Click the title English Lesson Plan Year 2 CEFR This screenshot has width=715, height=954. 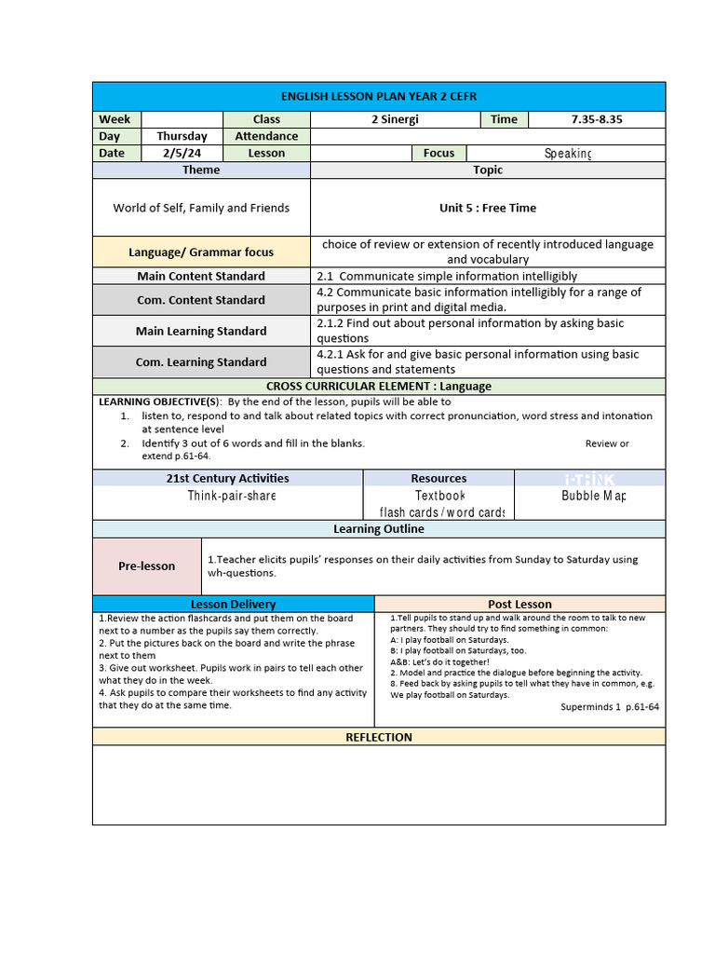(378, 97)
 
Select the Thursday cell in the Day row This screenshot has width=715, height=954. (182, 136)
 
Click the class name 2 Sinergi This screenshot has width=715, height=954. (394, 119)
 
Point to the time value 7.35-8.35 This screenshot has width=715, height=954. (596, 119)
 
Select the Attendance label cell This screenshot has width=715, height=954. (266, 136)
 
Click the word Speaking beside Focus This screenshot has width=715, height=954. (567, 153)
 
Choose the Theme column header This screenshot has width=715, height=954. (201, 170)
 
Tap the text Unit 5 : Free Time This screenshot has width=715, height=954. (488, 208)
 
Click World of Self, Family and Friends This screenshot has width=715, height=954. (201, 208)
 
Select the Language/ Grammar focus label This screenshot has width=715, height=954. (201, 252)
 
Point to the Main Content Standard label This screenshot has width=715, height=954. (201, 276)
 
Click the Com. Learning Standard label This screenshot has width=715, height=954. (201, 361)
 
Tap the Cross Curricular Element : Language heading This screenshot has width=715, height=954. (378, 386)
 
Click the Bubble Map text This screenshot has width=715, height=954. (593, 496)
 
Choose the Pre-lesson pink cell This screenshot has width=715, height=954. (146, 566)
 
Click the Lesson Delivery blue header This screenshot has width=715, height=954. (233, 604)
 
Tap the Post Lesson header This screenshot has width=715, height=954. (519, 604)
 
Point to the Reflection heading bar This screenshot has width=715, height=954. (378, 737)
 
